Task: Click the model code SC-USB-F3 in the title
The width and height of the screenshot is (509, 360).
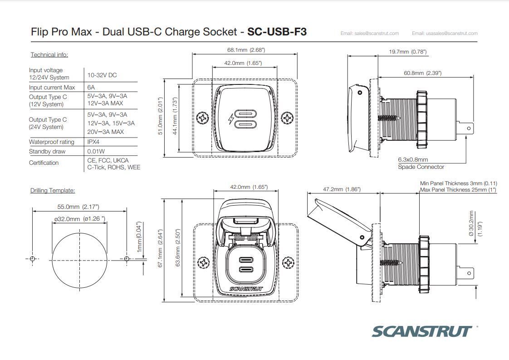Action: (277, 32)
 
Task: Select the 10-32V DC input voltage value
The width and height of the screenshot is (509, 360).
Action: (102, 75)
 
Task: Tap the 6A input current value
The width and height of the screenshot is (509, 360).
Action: (91, 87)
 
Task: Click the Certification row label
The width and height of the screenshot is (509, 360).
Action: (44, 163)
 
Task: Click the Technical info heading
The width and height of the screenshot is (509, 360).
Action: (49, 55)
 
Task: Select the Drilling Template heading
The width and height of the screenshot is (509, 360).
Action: (53, 191)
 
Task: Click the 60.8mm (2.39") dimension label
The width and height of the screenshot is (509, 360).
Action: (422, 73)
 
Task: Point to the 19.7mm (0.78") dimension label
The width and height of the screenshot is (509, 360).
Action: (408, 52)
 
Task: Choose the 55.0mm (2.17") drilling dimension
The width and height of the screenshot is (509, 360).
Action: (78, 207)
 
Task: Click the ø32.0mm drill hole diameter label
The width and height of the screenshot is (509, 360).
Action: (79, 219)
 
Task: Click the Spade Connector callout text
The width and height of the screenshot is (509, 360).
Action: (421, 167)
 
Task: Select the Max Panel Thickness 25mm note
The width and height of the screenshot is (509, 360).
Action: (458, 190)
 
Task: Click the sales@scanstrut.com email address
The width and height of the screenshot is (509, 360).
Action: (370, 33)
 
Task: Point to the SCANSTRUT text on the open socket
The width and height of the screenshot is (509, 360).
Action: (246, 288)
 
